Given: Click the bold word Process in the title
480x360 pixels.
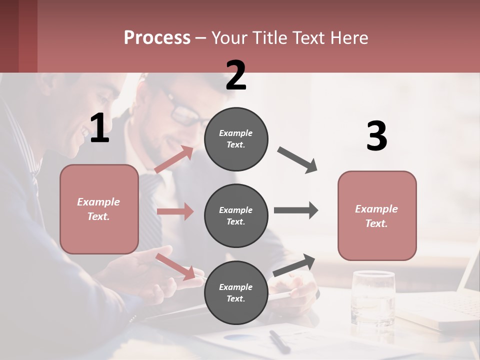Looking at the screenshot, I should pos(157,38).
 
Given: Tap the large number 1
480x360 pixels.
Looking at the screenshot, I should pos(99,128).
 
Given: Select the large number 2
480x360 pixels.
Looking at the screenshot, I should pos(235,75).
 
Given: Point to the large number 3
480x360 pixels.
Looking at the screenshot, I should pos(376,136).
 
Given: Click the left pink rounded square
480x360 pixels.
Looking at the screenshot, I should pos(99,209).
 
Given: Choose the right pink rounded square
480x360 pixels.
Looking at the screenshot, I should pos(377,215).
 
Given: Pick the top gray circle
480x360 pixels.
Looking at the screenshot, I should pos(236,139).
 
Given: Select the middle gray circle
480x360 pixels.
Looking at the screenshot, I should pos(236,215).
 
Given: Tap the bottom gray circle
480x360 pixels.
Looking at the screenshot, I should pos(236,292).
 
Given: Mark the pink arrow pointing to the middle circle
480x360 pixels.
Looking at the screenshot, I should pos(174,211).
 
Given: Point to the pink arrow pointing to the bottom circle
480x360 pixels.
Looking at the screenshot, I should pos(175,266).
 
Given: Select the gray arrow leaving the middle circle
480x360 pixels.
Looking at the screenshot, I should pos(295,210).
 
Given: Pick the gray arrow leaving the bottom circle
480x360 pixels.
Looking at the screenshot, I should pos(294,265).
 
